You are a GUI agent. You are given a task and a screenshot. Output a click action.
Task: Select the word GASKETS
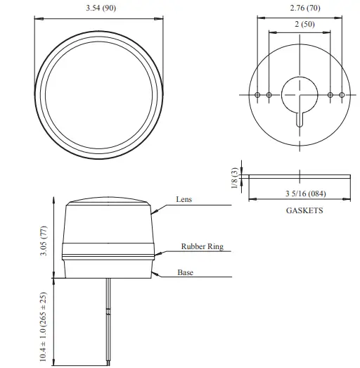click(304, 210)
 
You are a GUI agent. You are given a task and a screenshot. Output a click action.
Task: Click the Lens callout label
click(184, 200)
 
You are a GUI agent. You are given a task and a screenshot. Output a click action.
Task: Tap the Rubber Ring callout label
click(202, 247)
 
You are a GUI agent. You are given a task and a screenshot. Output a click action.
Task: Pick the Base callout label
click(185, 272)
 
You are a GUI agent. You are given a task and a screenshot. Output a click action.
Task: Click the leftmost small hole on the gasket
click(257, 95)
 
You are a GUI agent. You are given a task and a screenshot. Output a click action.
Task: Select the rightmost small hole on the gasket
click(341, 95)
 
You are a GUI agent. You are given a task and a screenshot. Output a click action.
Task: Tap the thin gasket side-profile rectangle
click(300, 175)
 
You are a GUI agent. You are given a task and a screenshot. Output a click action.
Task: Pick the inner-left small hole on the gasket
click(269, 95)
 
